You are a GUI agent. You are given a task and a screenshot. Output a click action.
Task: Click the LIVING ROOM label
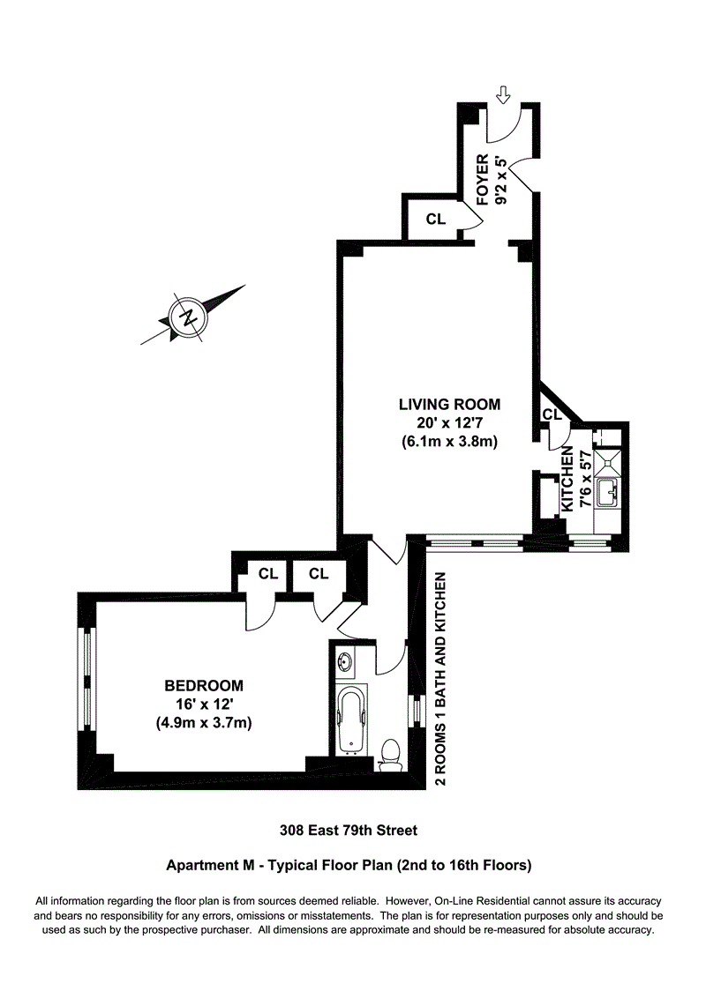449,405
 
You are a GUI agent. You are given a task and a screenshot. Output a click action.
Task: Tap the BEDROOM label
204,685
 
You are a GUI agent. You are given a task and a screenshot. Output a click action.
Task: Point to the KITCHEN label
569,480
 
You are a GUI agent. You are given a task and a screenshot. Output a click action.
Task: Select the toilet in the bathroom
388,755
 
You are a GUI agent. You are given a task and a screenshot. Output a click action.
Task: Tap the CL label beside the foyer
436,220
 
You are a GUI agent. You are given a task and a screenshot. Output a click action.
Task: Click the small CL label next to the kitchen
552,414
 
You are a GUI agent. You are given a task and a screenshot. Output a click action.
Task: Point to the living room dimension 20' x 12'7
449,423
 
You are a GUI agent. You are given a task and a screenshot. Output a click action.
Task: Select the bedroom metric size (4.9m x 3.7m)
204,723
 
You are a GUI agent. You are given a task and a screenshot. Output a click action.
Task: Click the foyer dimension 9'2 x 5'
502,181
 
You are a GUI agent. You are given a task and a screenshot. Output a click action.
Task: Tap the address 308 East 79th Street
349,830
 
